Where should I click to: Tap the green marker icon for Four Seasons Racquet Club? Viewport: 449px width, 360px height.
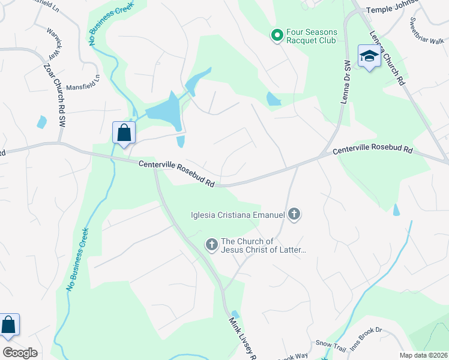click(x=277, y=36)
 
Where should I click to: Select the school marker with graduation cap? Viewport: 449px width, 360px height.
click(x=369, y=56)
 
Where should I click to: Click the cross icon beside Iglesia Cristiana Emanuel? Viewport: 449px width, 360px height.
click(x=294, y=214)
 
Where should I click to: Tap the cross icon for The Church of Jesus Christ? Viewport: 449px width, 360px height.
click(x=211, y=244)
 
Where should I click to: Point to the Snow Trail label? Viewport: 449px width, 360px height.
click(x=331, y=347)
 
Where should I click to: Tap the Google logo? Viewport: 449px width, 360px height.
click(x=20, y=353)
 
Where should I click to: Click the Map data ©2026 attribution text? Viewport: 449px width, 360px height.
click(x=423, y=355)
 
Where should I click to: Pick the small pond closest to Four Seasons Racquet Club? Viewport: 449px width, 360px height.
click(x=273, y=99)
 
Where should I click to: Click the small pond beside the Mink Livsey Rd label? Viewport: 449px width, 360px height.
click(x=235, y=314)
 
